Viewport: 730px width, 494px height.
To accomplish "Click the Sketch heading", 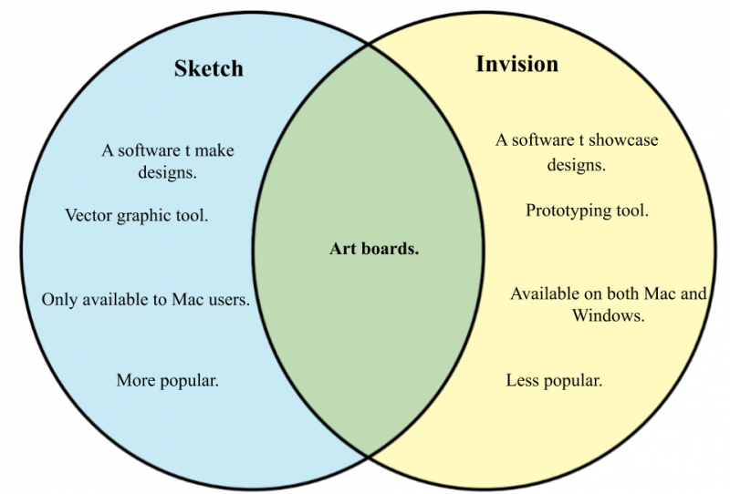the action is [209, 68].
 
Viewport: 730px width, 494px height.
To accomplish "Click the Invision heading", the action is [516, 64].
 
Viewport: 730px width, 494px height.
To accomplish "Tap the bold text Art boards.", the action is [374, 249].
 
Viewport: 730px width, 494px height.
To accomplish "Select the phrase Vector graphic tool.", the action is [136, 215].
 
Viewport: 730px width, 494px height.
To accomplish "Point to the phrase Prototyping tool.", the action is [587, 211].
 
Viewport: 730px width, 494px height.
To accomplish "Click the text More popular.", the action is [167, 380].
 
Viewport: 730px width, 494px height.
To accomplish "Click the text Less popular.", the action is [554, 380].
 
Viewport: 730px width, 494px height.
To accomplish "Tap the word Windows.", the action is [608, 315].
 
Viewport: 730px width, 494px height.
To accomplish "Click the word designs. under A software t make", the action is [167, 172].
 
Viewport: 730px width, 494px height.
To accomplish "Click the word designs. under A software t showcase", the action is [577, 165].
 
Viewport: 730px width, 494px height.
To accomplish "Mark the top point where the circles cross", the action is [369, 45].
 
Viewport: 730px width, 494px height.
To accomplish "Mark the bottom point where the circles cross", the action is [369, 457].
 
